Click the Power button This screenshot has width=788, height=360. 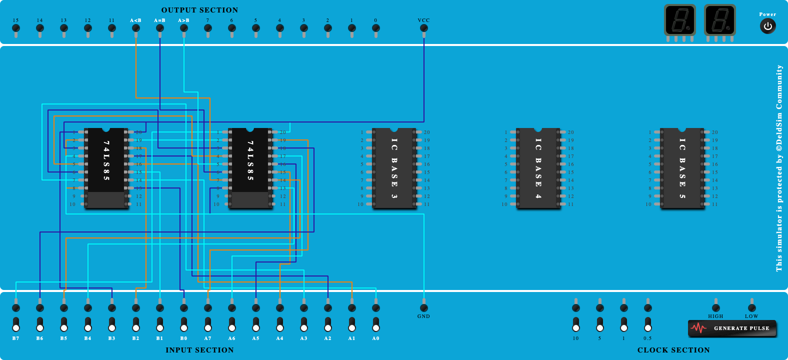click(767, 26)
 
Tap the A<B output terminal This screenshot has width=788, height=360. click(136, 28)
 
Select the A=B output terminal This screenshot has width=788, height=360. click(160, 28)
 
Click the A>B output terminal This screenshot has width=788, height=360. click(184, 28)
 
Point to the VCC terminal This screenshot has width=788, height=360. click(424, 28)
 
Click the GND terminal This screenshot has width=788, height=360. click(424, 307)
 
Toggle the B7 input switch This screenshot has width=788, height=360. click(16, 324)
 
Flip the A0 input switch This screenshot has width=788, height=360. click(376, 324)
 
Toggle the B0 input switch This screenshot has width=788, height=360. click(184, 324)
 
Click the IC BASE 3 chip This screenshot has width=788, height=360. click(394, 168)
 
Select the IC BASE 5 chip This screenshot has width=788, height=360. click(682, 168)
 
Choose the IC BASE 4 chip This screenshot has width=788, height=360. click(538, 168)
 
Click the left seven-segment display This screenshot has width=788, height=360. click(679, 20)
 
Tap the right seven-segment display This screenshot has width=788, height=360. click(719, 20)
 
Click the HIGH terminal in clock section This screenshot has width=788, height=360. click(716, 307)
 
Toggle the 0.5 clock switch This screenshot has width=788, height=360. click(648, 324)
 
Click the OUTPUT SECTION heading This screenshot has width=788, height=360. click(199, 10)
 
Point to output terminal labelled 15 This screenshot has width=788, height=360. click(16, 28)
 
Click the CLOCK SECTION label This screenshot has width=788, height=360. click(673, 350)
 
